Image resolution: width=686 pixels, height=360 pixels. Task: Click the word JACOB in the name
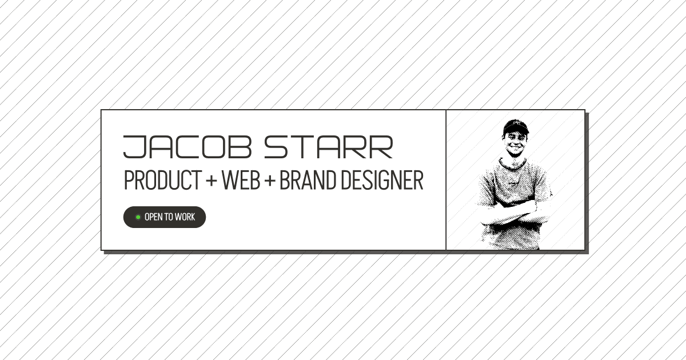pos(187,147)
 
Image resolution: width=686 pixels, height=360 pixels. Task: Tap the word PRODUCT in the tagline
pos(162,181)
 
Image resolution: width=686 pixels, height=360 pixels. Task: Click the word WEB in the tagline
pos(240,181)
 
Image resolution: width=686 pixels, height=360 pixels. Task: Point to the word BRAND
pos(308,181)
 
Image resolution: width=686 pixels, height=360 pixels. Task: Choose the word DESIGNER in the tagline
pos(382,181)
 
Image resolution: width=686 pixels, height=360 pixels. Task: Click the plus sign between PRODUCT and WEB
pos(212,182)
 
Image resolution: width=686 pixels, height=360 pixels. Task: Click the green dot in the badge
pos(138,217)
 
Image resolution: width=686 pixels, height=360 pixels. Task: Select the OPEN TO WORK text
pos(170,217)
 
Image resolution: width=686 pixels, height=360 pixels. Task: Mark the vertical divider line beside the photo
pos(446,180)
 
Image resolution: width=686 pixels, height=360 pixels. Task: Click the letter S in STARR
pos(276,147)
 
